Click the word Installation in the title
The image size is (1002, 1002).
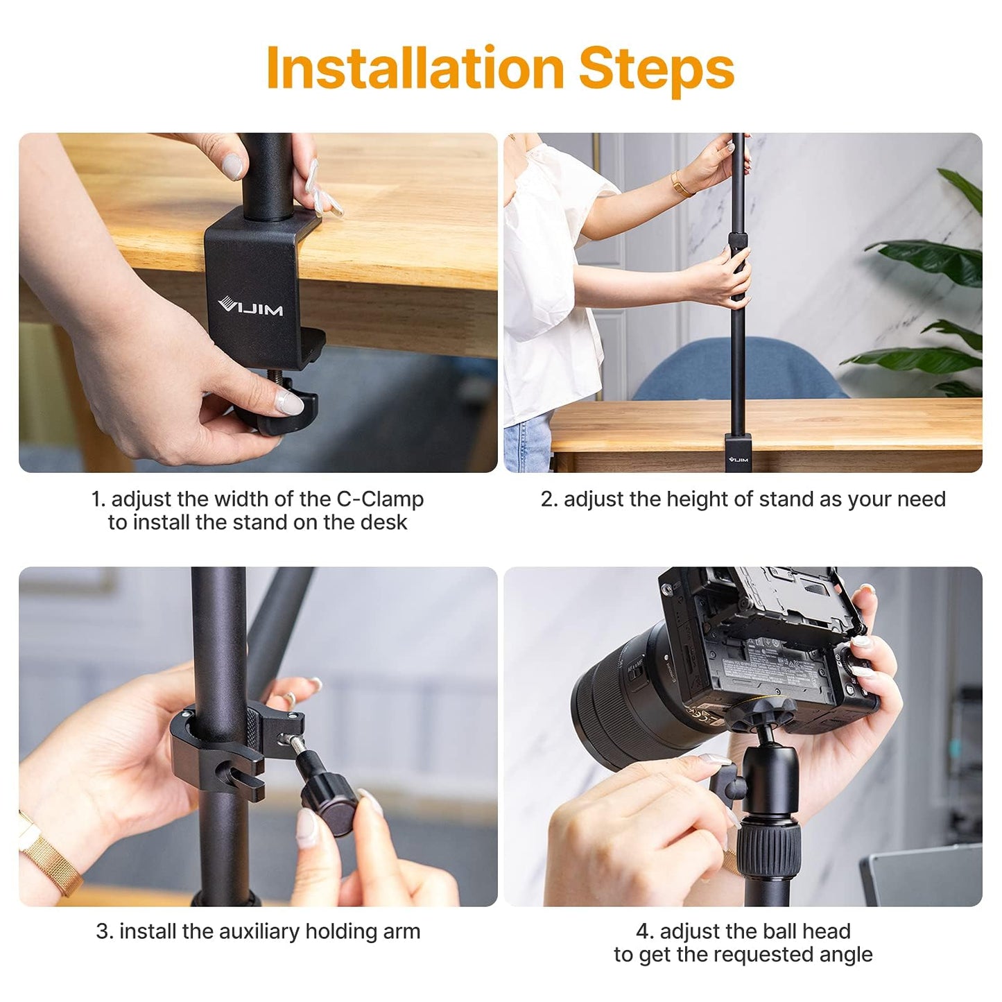click(x=415, y=67)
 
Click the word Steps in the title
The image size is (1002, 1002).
click(x=657, y=71)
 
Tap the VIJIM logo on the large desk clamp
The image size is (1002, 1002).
click(x=250, y=306)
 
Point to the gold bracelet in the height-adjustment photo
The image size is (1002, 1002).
click(x=681, y=184)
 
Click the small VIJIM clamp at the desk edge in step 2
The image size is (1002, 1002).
click(x=737, y=454)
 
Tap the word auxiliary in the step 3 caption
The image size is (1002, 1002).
click(x=259, y=931)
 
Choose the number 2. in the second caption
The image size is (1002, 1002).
click(x=549, y=499)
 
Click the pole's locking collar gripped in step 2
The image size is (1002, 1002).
click(x=738, y=241)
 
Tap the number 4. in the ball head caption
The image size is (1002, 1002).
click(x=645, y=932)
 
